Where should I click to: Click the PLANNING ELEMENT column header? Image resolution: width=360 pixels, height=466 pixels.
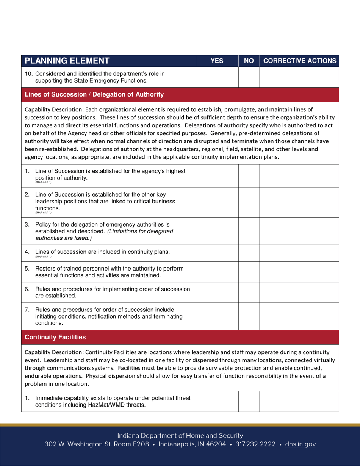[x=67, y=61]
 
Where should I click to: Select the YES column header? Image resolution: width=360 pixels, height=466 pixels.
[x=217, y=61]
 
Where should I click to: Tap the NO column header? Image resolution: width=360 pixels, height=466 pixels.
[x=249, y=61]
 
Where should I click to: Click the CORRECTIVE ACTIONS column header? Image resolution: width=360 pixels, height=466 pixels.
[x=299, y=61]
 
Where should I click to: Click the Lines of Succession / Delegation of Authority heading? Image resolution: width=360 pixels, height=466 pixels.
[x=94, y=94]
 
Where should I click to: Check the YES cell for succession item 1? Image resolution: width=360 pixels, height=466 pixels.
[x=217, y=176]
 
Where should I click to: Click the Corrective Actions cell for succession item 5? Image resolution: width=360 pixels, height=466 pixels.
[x=299, y=272]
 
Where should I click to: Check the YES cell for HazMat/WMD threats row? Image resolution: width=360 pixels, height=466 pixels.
[x=217, y=401]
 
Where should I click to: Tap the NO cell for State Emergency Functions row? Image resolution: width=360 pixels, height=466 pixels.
[x=249, y=77]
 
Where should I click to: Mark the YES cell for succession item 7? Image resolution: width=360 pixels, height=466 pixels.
[x=217, y=316]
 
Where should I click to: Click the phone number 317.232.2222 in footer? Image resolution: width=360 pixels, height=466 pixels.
[x=255, y=444]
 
